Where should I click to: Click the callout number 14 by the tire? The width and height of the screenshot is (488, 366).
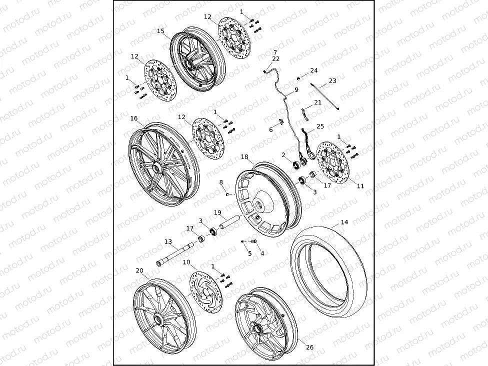coord(344,222)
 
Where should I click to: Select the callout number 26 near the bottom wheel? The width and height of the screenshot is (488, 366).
coord(309,347)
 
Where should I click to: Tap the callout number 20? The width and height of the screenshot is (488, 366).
coord(139,270)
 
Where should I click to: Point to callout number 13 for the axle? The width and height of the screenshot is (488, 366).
coord(168,241)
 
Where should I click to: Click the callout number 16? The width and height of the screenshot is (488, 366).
coord(134,118)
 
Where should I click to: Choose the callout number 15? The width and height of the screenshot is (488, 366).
coord(160,31)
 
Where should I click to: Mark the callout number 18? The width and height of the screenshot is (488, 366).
coord(244,157)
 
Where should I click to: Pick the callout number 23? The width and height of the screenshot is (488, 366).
coord(332,81)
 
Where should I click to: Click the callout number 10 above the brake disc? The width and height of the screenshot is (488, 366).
coord(186,262)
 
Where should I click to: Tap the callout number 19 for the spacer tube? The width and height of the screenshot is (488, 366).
coord(217,212)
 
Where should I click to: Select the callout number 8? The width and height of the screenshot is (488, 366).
coord(221,182)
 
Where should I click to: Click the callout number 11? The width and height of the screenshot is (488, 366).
coord(360,186)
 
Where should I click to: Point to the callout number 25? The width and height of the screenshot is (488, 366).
coord(320,126)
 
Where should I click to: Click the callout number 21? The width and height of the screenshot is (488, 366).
coord(318,102)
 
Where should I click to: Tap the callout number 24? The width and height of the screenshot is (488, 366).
coord(313,71)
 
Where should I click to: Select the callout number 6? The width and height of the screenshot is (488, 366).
coord(271,130)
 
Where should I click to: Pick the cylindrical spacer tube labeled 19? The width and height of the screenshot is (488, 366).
coord(230,221)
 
